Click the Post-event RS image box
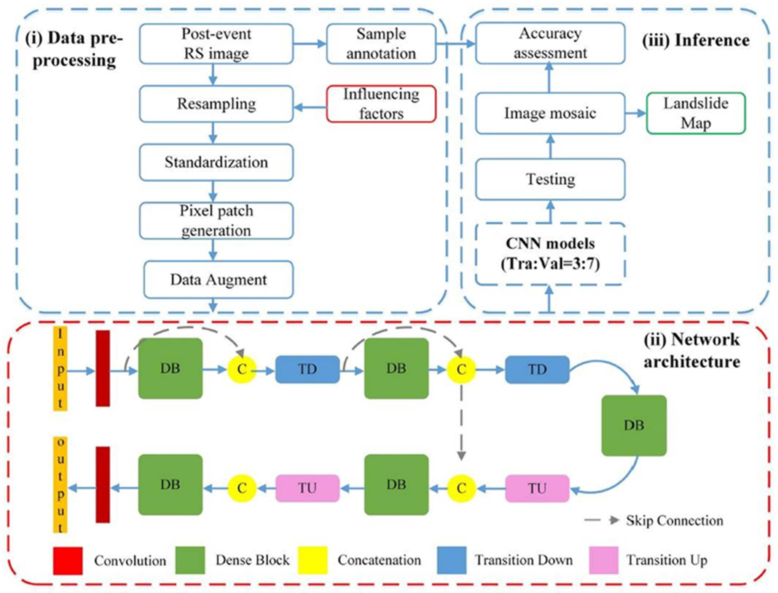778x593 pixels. [x=216, y=44]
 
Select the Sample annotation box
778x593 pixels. [x=381, y=44]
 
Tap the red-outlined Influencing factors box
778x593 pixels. [x=381, y=104]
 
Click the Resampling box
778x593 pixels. [x=216, y=104]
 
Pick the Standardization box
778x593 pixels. [x=216, y=162]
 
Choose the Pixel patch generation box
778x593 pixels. [x=216, y=221]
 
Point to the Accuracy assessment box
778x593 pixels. [x=550, y=43]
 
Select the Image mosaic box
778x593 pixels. [x=550, y=113]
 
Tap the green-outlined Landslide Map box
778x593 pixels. [x=696, y=113]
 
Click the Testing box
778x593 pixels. [x=550, y=179]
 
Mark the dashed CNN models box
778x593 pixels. [x=550, y=254]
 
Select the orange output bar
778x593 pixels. [x=60, y=485]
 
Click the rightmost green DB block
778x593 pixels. [x=634, y=425]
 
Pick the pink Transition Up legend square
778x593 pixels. [x=604, y=560]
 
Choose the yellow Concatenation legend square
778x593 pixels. [x=313, y=560]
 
